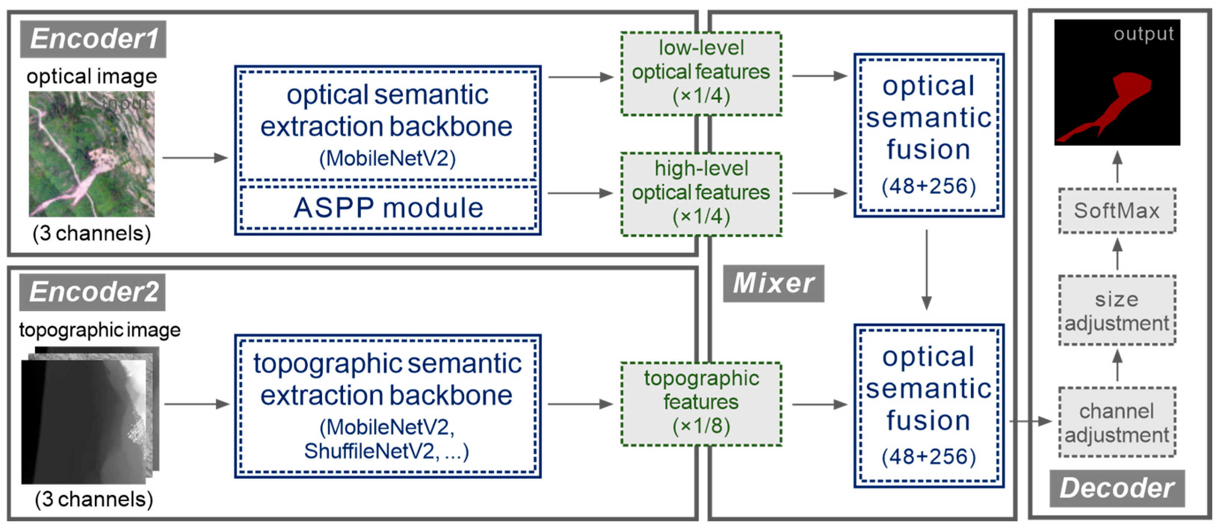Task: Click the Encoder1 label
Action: [93, 39]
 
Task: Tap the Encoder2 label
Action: [93, 292]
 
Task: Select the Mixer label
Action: [773, 283]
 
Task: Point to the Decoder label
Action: [1117, 488]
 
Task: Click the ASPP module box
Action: [388, 208]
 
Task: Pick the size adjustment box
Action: [1117, 311]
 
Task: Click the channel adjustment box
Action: [1117, 422]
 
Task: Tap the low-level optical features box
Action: [701, 73]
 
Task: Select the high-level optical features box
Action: [701, 194]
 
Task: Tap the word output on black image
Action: [1143, 34]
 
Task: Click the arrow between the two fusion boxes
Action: [927, 269]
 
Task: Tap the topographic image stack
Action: [90, 416]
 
